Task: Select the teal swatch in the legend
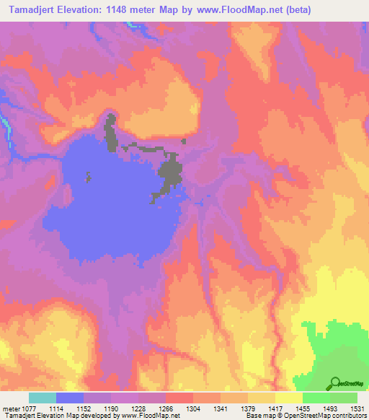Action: click(x=43, y=398)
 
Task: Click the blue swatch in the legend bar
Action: click(x=70, y=398)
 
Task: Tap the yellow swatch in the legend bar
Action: click(x=289, y=398)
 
